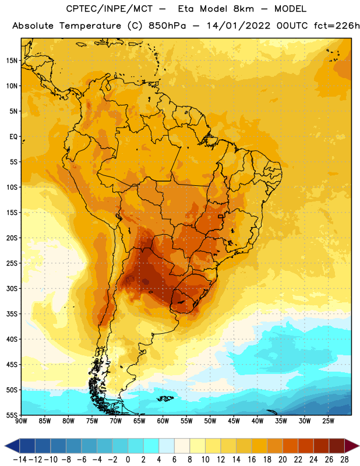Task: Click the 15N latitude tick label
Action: (x=12, y=61)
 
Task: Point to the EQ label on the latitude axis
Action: (x=13, y=137)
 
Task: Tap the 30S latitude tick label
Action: (x=12, y=288)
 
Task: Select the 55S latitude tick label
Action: (x=12, y=415)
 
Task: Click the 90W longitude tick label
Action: (x=21, y=421)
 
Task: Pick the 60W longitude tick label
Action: (x=163, y=421)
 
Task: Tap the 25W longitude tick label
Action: (x=328, y=421)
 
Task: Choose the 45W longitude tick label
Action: (x=234, y=421)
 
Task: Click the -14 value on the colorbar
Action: (x=20, y=460)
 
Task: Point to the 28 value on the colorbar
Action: (x=344, y=460)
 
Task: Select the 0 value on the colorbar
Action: (x=128, y=460)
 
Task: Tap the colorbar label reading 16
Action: (x=252, y=460)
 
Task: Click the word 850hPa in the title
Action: (x=167, y=26)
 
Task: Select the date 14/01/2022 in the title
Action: (x=238, y=26)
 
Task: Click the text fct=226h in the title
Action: (x=337, y=26)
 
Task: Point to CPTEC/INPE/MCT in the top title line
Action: (x=109, y=9)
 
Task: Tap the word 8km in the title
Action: (x=243, y=9)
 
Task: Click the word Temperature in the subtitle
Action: (x=90, y=26)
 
